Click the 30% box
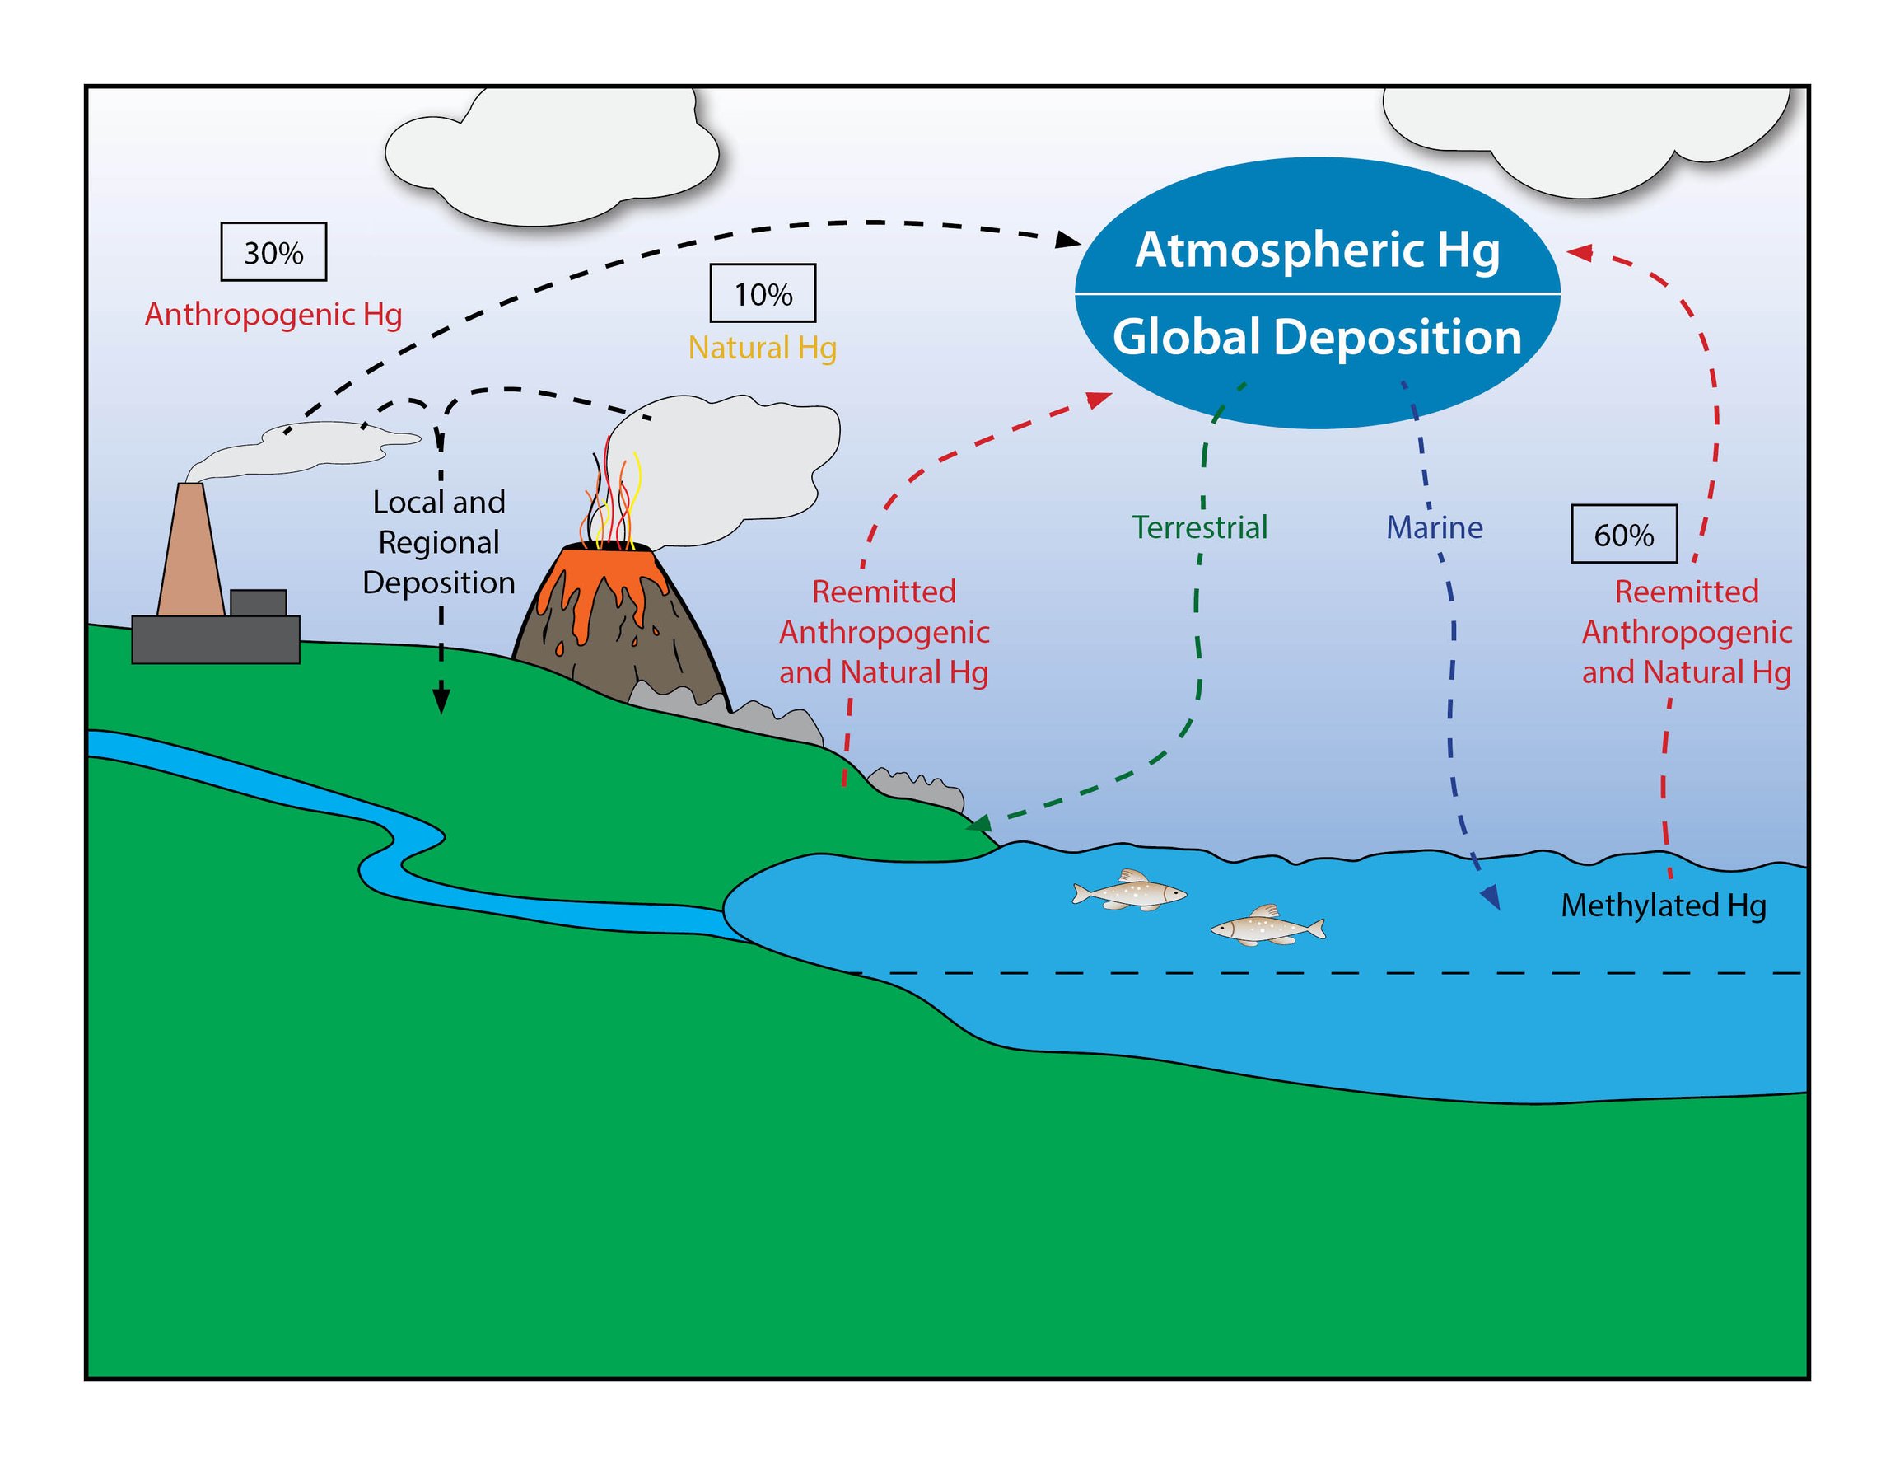coord(273,251)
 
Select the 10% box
coord(763,293)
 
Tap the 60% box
coord(1623,534)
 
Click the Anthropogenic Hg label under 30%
coord(273,314)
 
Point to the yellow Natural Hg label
coord(763,347)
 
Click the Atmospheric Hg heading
coord(1317,250)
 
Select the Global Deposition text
coord(1317,337)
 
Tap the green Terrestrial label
coord(1199,527)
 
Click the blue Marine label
coord(1435,527)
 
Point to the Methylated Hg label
coord(1664,906)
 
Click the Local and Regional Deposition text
coord(439,541)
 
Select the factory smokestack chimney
coord(190,551)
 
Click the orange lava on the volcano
coord(599,577)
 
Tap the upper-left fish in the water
coord(1129,892)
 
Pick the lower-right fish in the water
coord(1267,927)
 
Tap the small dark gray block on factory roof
coord(258,602)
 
